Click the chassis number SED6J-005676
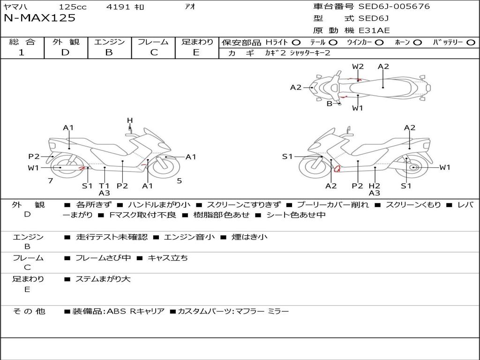pyautogui.click(x=394, y=7)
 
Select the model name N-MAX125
pyautogui.click(x=39, y=18)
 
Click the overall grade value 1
pyautogui.click(x=22, y=52)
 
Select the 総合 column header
pyautogui.click(x=22, y=42)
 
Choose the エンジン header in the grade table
pyautogui.click(x=110, y=42)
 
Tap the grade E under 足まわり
pyautogui.click(x=196, y=52)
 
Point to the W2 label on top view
pyautogui.click(x=358, y=67)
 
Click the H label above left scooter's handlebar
pyautogui.click(x=130, y=121)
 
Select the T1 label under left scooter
pyautogui.click(x=104, y=186)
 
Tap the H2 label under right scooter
pyautogui.click(x=374, y=186)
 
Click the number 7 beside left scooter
pyautogui.click(x=50, y=181)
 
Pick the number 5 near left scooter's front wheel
pyautogui.click(x=179, y=181)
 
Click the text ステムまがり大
pyautogui.click(x=103, y=279)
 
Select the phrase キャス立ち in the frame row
pyautogui.click(x=168, y=258)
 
